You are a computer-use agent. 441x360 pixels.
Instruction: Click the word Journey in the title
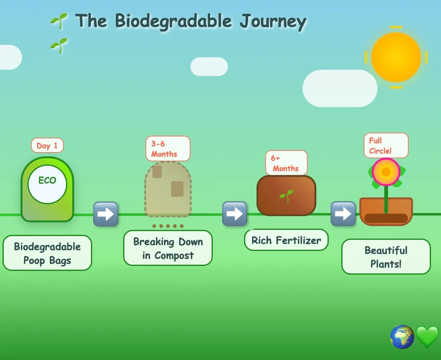pyautogui.click(x=273, y=22)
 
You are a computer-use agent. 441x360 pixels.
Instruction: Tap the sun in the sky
pyautogui.click(x=396, y=57)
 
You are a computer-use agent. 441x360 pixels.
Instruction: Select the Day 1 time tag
pyautogui.click(x=47, y=146)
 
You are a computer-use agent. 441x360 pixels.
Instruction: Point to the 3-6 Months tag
pyautogui.click(x=168, y=149)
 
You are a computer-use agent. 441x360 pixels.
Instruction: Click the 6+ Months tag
pyautogui.click(x=286, y=163)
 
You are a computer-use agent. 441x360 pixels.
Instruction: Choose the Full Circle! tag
pyautogui.click(x=386, y=146)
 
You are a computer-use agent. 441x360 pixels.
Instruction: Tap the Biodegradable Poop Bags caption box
pyautogui.click(x=47, y=253)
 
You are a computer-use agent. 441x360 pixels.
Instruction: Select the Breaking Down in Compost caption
pyautogui.click(x=168, y=248)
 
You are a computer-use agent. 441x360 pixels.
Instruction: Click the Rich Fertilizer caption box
pyautogui.click(x=286, y=240)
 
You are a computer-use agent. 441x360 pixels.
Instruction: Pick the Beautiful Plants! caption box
pyautogui.click(x=386, y=257)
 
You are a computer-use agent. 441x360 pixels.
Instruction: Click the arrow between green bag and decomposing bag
pyautogui.click(x=106, y=214)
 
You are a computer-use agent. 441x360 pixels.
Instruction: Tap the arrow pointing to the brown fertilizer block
pyautogui.click(x=235, y=214)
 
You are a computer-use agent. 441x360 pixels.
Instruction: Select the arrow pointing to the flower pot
pyautogui.click(x=343, y=214)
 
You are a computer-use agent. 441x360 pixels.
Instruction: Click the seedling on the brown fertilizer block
pyautogui.click(x=286, y=196)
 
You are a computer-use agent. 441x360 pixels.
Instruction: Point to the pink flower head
pyautogui.click(x=386, y=172)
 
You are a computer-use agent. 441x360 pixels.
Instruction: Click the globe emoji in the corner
pyautogui.click(x=402, y=337)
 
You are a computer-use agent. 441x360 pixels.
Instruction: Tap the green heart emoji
pyautogui.click(x=427, y=337)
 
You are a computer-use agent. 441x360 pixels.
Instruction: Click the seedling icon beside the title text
pyautogui.click(x=59, y=21)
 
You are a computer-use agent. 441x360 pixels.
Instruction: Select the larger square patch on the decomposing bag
pyautogui.click(x=177, y=189)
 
